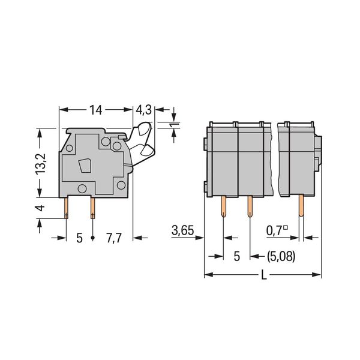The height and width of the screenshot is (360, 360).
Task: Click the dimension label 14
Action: tap(95, 110)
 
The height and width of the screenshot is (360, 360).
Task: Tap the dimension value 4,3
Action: tap(144, 110)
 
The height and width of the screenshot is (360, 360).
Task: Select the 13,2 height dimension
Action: tap(41, 164)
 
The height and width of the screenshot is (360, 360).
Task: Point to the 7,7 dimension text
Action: tap(113, 238)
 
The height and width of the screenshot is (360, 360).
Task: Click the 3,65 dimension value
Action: tap(183, 230)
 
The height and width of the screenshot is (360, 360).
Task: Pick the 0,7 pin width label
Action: tap(277, 230)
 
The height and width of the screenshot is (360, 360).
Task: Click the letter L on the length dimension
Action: tap(264, 275)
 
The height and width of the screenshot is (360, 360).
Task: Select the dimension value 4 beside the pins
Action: tap(40, 208)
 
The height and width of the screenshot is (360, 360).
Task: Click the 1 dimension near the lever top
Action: tap(176, 125)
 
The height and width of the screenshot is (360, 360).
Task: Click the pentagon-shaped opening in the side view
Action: tap(85, 166)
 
